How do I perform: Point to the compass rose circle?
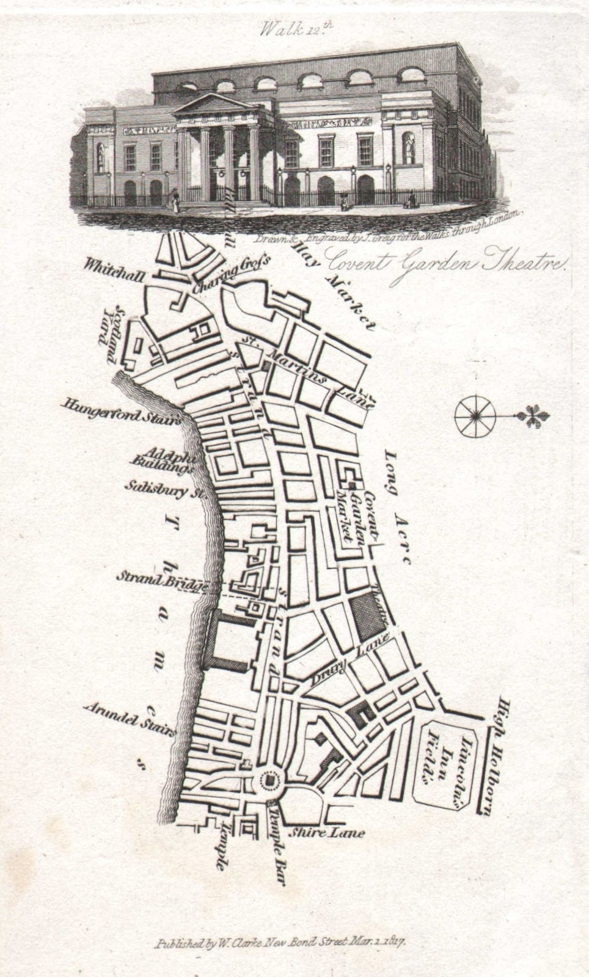tap(474, 416)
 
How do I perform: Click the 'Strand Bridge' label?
tap(162, 581)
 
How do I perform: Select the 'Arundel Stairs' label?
tap(130, 721)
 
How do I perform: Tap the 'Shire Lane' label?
tap(327, 832)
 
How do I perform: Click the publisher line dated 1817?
tap(280, 943)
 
